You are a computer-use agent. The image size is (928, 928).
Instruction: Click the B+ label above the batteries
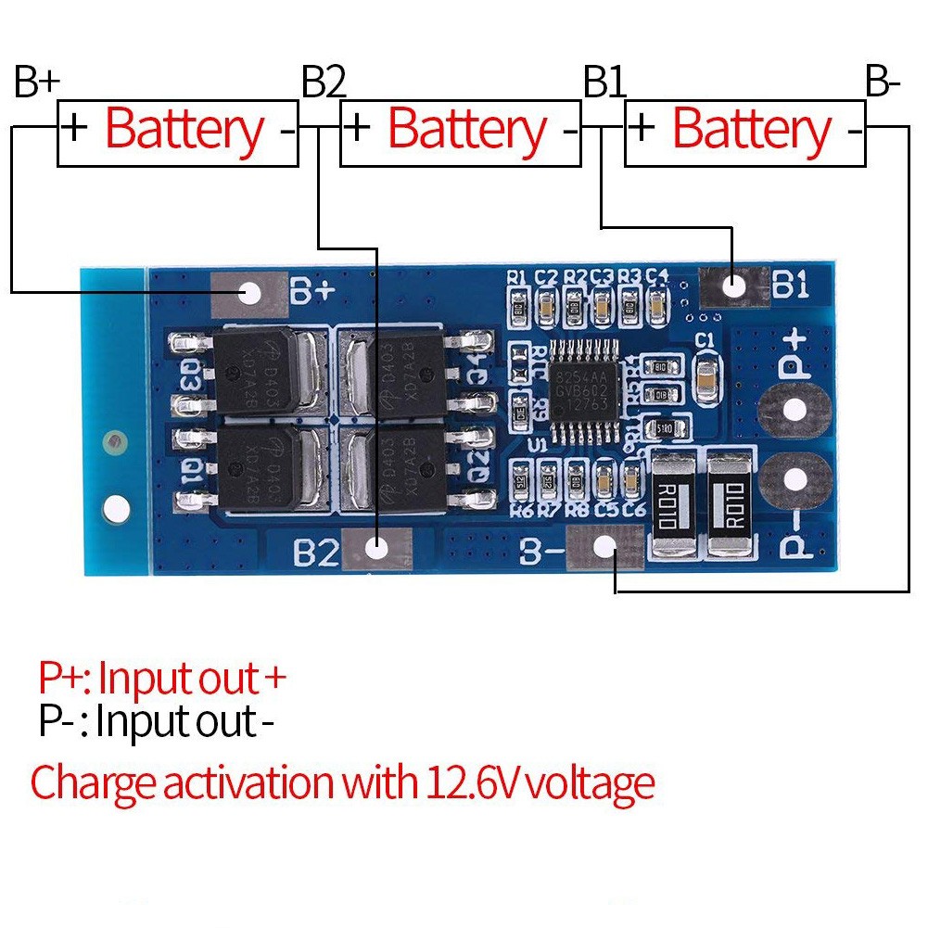(x=37, y=83)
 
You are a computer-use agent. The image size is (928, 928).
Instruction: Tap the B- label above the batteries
(x=883, y=83)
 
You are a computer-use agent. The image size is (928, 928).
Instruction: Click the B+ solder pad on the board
(x=249, y=294)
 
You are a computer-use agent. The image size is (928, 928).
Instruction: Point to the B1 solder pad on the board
(x=734, y=286)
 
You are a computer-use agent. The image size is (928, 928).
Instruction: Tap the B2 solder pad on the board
(x=376, y=548)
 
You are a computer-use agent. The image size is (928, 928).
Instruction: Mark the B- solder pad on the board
(x=604, y=546)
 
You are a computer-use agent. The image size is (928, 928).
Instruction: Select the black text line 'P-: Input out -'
(x=158, y=721)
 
